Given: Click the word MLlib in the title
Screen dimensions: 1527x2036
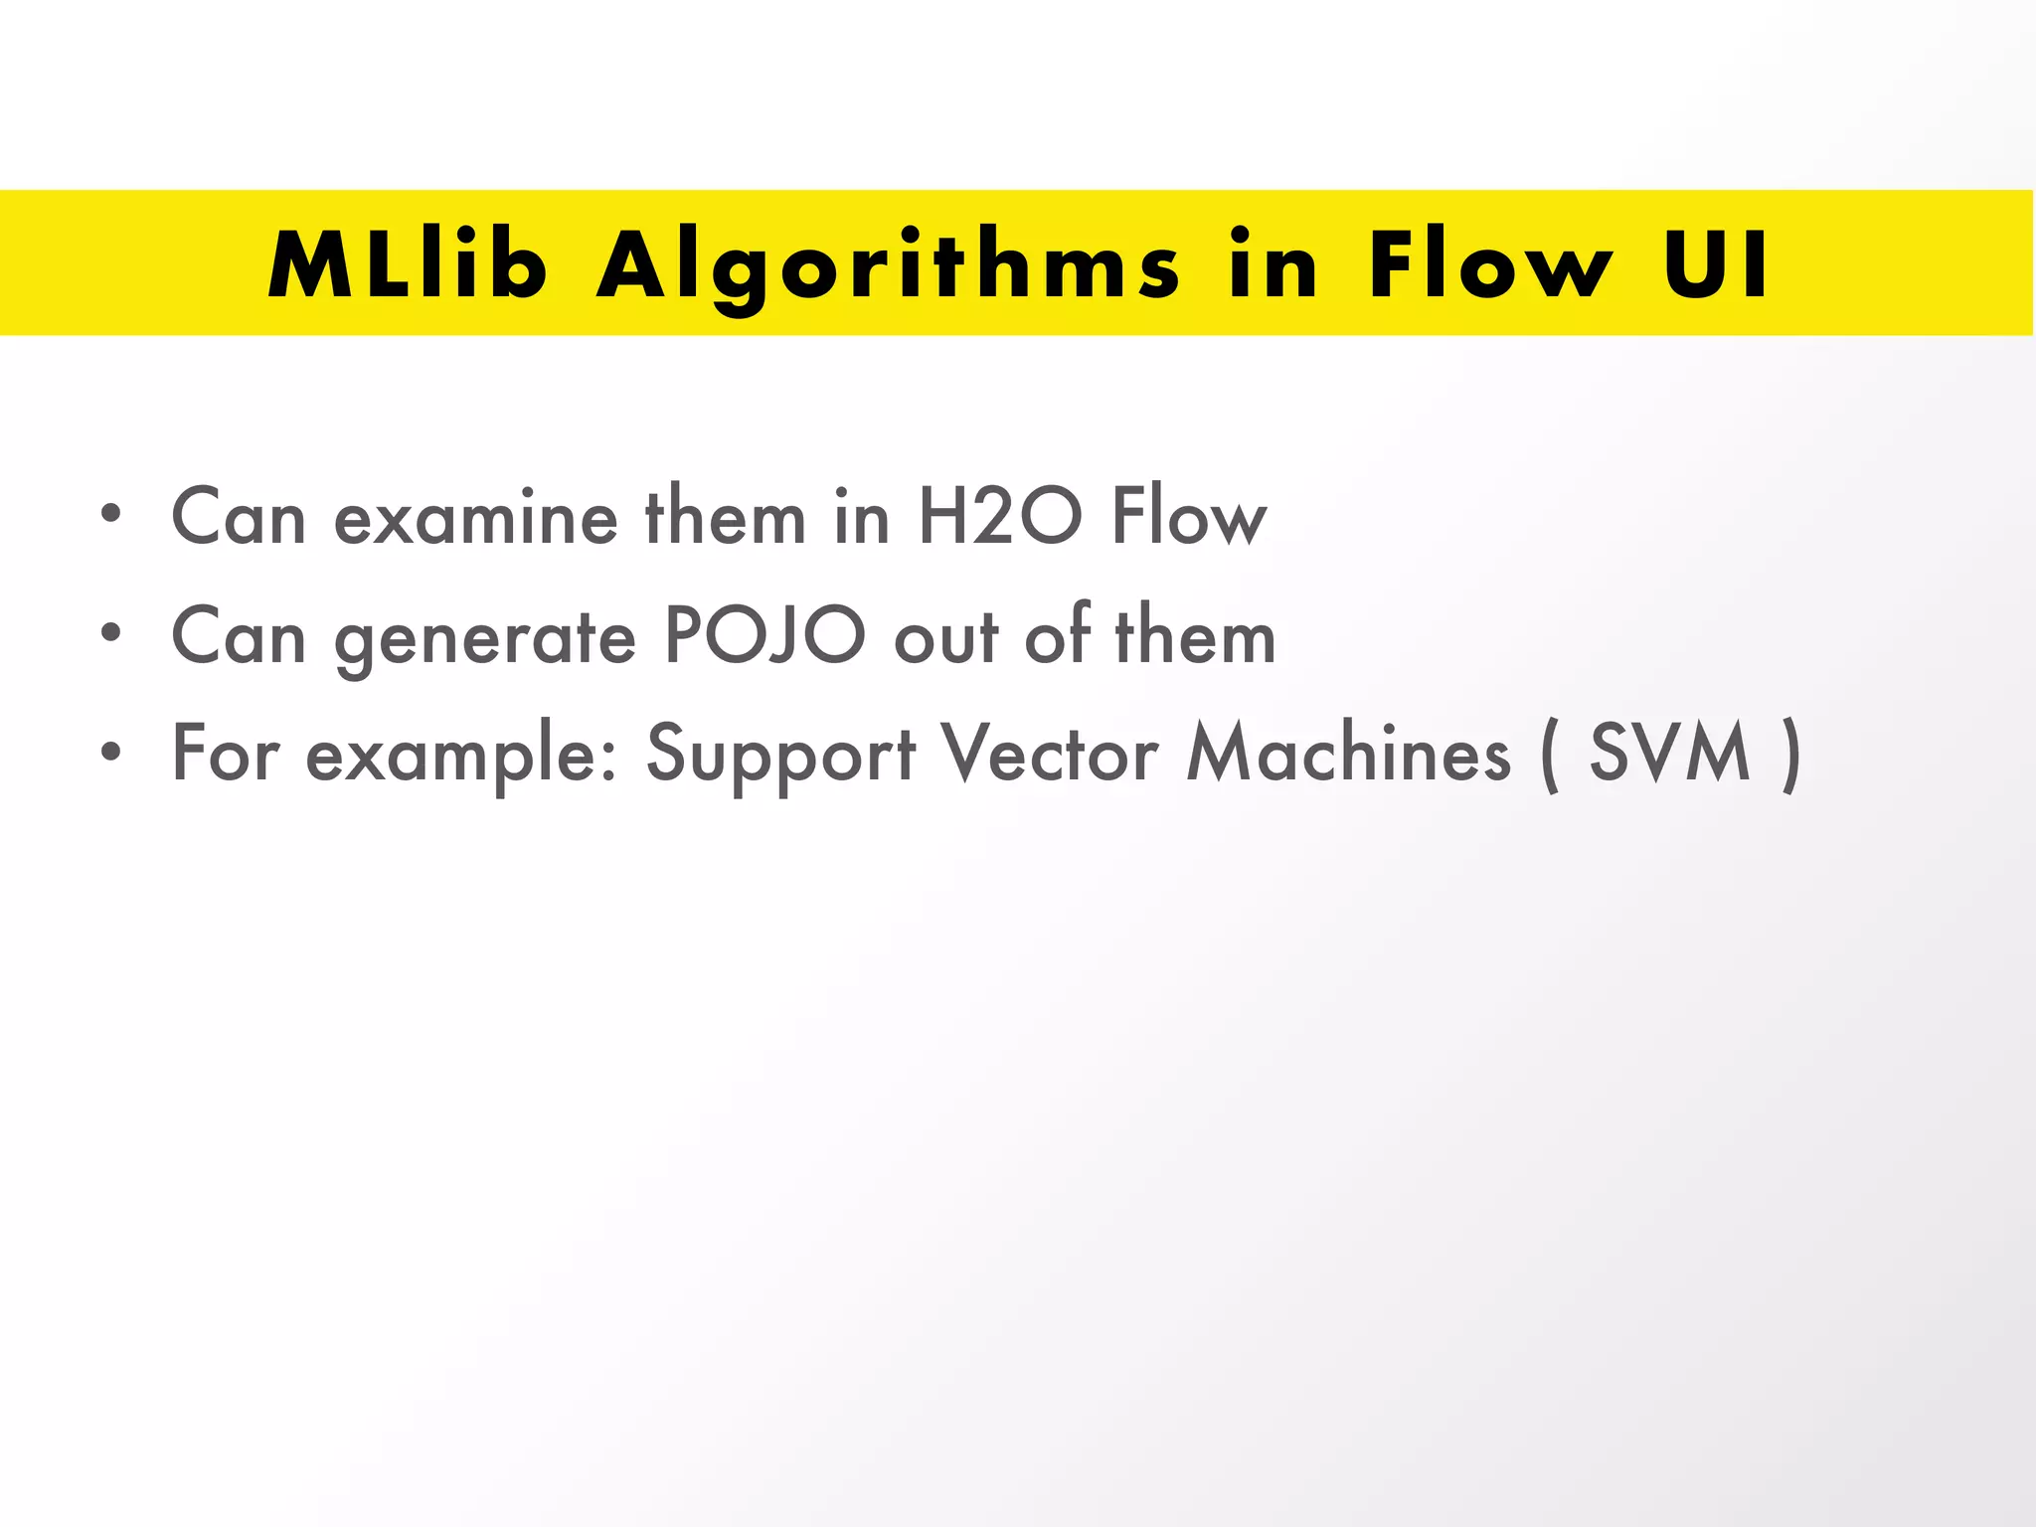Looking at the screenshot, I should [408, 264].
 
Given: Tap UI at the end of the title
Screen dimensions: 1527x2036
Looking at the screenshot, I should [1717, 264].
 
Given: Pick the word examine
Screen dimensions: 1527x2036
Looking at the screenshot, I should [475, 519].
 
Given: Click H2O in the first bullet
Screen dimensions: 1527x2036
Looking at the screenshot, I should [999, 517].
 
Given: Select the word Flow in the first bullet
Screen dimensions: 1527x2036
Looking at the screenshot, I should [1189, 517].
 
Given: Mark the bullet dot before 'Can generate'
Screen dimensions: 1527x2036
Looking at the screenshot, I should [110, 633].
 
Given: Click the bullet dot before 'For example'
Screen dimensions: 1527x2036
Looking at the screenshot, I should [110, 752].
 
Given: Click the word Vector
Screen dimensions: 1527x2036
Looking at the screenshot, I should [1050, 754].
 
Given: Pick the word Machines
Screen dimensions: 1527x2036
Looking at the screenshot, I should [1348, 754].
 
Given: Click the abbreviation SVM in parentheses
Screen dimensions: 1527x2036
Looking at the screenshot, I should [1669, 754].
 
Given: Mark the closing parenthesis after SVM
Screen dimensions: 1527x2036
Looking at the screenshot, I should [1790, 756].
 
